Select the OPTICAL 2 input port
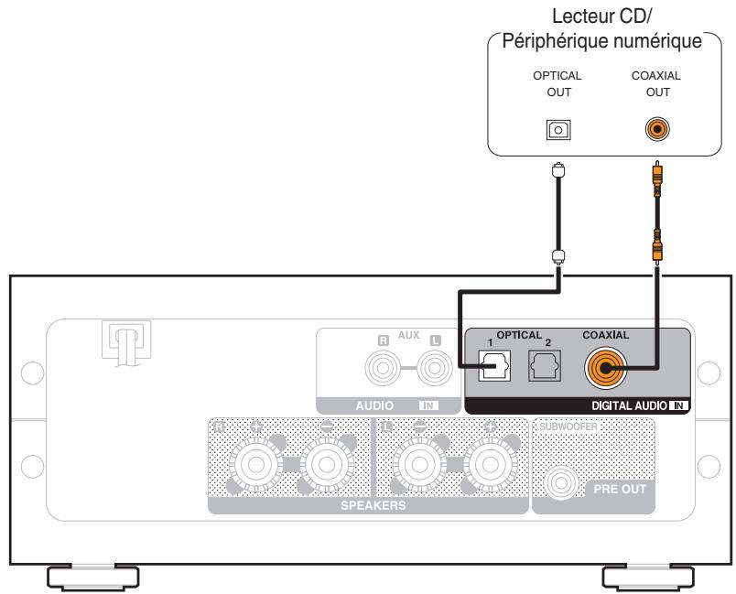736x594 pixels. [539, 368]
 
